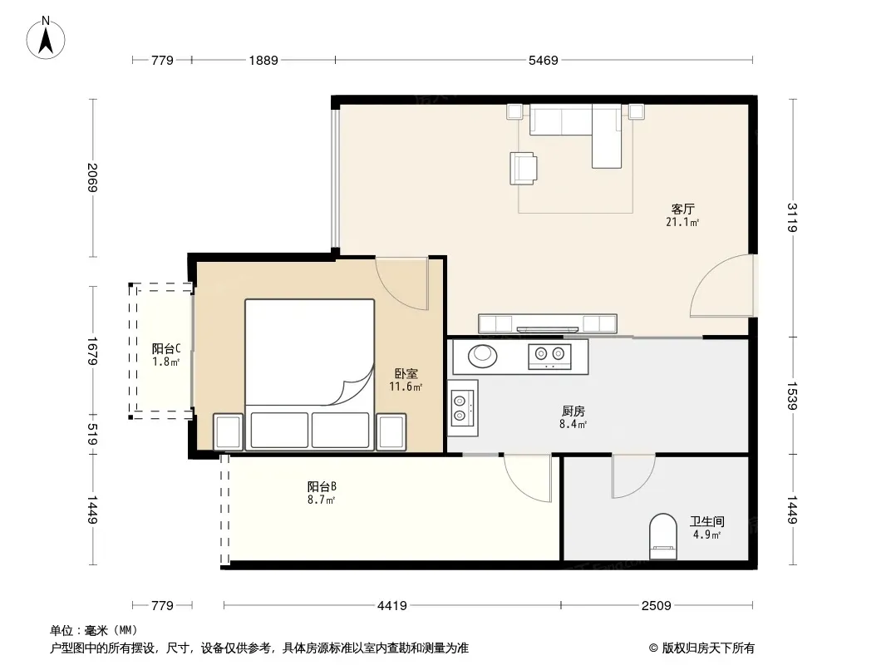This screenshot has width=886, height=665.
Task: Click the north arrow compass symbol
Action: pos(46,38)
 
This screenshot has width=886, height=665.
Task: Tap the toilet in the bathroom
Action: pos(662,535)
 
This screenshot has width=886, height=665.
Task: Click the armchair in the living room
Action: pos(524,169)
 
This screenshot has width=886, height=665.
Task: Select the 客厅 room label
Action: pos(682,209)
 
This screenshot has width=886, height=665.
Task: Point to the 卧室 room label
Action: pos(406,373)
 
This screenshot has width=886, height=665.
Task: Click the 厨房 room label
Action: pos(573,411)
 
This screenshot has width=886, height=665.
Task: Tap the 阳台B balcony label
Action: pos(322,486)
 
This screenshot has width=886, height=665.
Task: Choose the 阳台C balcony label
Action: pos(166,348)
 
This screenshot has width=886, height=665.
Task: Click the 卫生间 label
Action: pos(706,521)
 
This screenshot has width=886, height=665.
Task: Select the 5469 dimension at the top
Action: pos(543,60)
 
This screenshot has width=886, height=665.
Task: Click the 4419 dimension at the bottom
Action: pos(392,606)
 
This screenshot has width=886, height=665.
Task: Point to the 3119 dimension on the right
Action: pos(791,218)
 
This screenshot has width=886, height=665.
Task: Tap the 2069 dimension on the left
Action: pos(93,177)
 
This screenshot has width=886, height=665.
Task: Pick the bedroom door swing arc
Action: pos(394,294)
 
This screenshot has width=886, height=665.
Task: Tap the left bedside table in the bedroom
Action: pos(229,432)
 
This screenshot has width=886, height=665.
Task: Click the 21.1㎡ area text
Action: pos(682,222)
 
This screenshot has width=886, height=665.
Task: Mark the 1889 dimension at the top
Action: pos(263,60)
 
